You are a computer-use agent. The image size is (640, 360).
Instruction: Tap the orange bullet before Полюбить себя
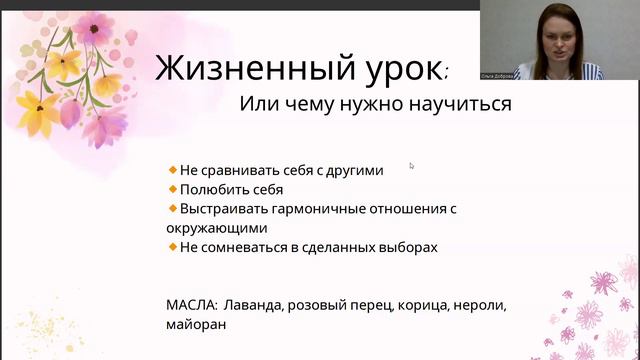tap(173, 189)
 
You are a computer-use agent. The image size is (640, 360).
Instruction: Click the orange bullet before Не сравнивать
tap(173, 170)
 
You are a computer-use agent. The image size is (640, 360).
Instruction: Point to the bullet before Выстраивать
tap(173, 208)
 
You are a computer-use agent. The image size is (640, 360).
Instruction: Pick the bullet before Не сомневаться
tap(173, 246)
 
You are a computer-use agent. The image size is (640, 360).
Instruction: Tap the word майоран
tap(196, 324)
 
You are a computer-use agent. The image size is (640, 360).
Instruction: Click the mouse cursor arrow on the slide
tap(412, 166)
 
